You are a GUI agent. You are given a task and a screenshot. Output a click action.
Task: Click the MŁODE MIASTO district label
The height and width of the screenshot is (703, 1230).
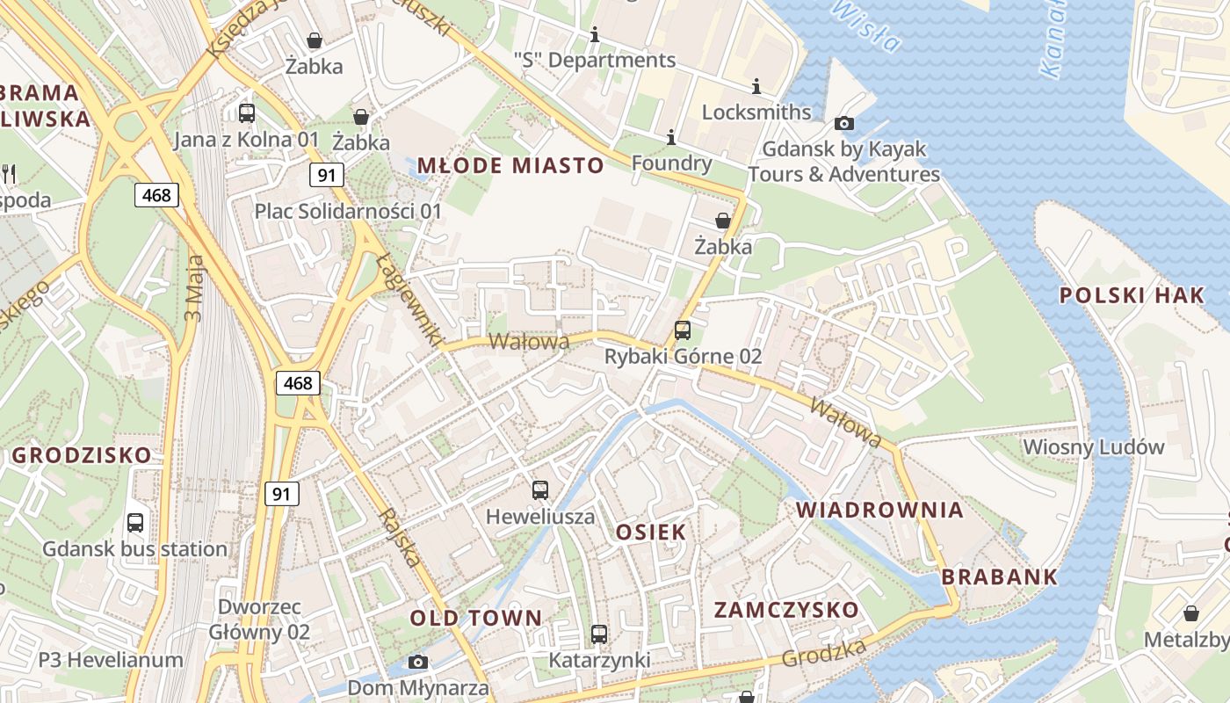tap(510, 165)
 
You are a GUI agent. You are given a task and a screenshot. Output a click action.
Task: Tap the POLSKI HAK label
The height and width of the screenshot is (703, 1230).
tap(1132, 295)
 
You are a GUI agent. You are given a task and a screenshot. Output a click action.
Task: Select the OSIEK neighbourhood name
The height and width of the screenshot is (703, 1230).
tap(651, 532)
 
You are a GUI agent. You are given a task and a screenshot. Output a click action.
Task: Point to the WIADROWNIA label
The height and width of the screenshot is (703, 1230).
tap(879, 510)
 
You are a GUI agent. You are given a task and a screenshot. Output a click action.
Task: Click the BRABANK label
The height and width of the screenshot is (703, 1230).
tap(1000, 577)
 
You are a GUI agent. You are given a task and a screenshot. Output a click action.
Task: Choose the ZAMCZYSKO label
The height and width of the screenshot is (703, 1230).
tap(785, 610)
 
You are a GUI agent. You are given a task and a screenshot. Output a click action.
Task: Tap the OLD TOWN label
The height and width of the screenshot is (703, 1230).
tap(476, 618)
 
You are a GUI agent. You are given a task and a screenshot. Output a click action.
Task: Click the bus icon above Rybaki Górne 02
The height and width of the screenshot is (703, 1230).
tap(683, 330)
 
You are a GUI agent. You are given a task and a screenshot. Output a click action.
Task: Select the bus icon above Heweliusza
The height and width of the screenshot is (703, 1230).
tap(540, 490)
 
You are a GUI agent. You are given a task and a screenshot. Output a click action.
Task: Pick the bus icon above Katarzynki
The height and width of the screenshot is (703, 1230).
tap(599, 634)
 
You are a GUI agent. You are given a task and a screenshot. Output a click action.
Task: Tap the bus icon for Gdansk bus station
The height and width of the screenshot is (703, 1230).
tap(135, 523)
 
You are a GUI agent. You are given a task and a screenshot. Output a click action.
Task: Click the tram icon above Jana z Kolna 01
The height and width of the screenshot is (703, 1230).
tap(247, 112)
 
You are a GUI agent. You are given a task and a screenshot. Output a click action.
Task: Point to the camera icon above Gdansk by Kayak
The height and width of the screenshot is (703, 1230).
tap(844, 123)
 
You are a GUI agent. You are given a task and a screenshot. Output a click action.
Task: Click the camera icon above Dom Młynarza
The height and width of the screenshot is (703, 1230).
tap(418, 662)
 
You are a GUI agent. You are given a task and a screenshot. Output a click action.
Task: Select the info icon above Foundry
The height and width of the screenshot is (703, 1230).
tap(671, 137)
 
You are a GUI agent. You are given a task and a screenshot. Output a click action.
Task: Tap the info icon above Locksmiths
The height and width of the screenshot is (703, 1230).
tap(756, 86)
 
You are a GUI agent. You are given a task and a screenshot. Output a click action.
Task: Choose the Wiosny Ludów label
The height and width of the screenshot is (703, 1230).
tap(1093, 446)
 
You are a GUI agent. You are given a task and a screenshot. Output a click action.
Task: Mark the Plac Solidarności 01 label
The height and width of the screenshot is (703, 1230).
tap(348, 211)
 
